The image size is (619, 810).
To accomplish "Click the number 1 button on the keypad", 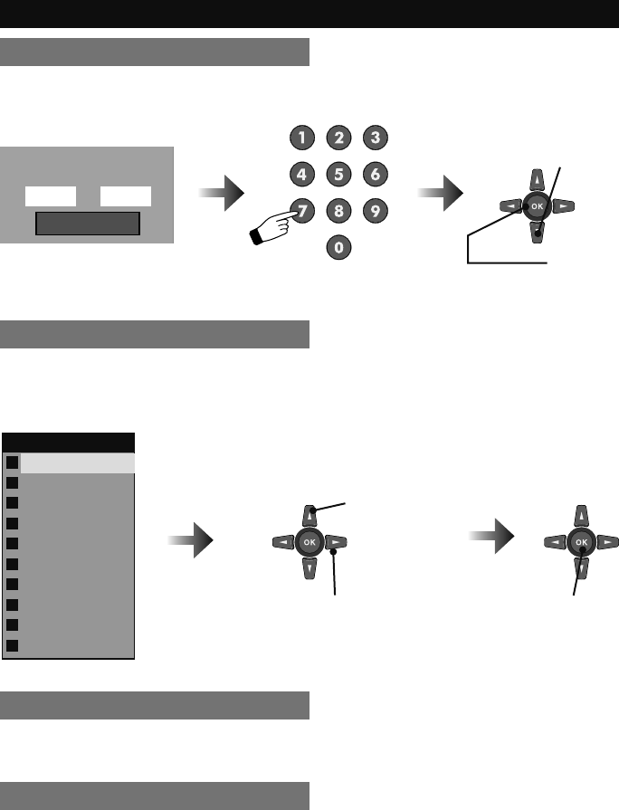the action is pyautogui.click(x=300, y=138).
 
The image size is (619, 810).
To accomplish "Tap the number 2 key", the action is pyautogui.click(x=338, y=138).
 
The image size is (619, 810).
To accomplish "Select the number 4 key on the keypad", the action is pyautogui.click(x=300, y=173).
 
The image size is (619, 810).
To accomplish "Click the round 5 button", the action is pyautogui.click(x=338, y=173).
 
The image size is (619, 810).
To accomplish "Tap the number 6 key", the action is pyautogui.click(x=375, y=173).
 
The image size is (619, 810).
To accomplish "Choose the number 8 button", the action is pyautogui.click(x=338, y=210).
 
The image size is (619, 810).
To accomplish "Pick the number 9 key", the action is pyautogui.click(x=375, y=210).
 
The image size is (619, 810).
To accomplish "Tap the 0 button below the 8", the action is pyautogui.click(x=338, y=245).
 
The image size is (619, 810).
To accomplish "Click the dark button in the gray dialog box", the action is pyautogui.click(x=88, y=224).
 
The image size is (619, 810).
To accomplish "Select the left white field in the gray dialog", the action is pyautogui.click(x=51, y=196).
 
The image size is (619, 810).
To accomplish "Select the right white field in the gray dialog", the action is pyautogui.click(x=126, y=196).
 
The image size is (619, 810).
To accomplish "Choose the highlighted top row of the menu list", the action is pyautogui.click(x=77, y=462).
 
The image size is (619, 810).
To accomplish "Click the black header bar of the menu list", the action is pyautogui.click(x=69, y=442).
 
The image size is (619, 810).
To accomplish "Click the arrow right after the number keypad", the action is pyautogui.click(x=442, y=194).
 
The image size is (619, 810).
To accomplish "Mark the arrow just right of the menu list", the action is pyautogui.click(x=192, y=543).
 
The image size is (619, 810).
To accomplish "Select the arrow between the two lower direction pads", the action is pyautogui.click(x=493, y=543).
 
